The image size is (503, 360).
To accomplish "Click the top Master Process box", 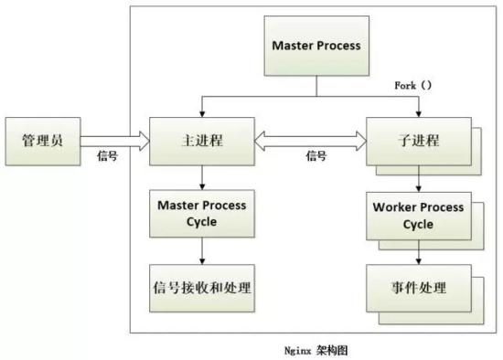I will tap(316, 45).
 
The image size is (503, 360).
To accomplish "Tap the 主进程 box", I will tap(199, 141).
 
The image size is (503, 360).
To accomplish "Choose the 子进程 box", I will tap(418, 141).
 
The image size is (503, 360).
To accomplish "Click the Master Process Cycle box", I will tap(198, 212).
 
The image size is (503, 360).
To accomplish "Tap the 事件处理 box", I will tap(418, 286).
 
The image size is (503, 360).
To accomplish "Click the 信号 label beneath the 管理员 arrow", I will tap(107, 156).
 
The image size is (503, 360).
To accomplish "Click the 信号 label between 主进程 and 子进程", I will tap(316, 156).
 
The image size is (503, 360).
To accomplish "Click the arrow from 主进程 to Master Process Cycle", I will tap(198, 176).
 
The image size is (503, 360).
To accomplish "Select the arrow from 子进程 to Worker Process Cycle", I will tap(418, 177).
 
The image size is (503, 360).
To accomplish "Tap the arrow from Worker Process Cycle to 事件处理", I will tap(418, 249).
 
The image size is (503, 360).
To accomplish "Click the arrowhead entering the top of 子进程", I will tap(418, 113).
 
